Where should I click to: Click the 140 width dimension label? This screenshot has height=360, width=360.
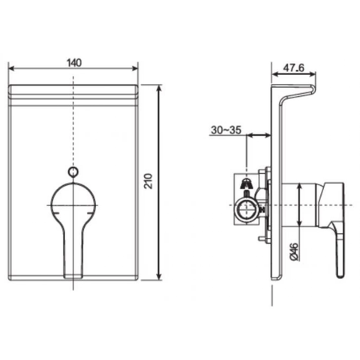pos(73,61)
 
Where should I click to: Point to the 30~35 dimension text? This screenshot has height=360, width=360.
pos(225,130)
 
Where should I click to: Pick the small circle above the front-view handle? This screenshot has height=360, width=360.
pos(73,172)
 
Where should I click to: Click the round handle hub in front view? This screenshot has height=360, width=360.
pos(73,202)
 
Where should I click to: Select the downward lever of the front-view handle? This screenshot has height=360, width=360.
pos(72,251)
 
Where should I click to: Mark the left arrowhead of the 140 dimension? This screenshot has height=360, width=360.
pos(11,69)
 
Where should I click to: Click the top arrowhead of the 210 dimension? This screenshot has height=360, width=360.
pos(160,88)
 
